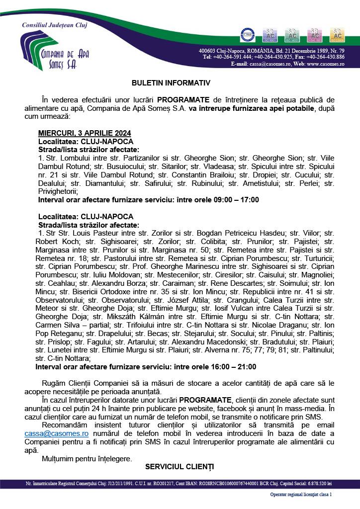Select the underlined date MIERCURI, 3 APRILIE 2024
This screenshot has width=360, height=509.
(x=85, y=133)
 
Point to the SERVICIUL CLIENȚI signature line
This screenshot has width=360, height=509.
(x=180, y=466)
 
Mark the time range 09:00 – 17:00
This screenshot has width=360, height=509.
(x=229, y=200)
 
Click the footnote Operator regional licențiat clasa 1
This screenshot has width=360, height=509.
(x=301, y=495)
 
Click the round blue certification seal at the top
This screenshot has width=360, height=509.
(x=248, y=34)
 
